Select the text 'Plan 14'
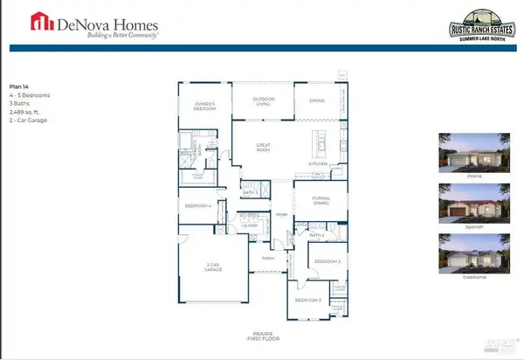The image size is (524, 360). [19, 87]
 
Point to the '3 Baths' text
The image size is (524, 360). [20, 104]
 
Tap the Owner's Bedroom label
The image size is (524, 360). [203, 107]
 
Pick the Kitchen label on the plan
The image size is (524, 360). [317, 164]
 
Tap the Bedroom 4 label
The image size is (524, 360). [198, 205]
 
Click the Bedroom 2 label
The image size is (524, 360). [326, 261]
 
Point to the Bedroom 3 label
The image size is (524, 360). [307, 300]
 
